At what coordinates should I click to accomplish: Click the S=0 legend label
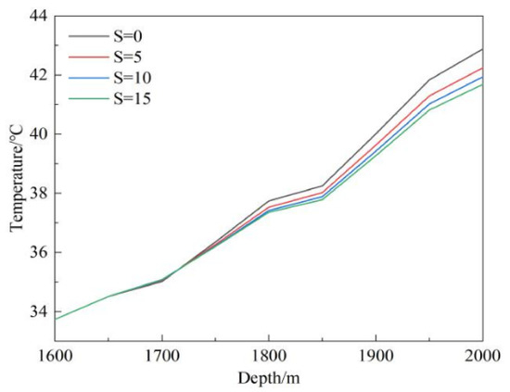click(128, 36)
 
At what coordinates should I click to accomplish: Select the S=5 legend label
click(128, 57)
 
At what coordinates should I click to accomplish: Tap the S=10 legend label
click(132, 78)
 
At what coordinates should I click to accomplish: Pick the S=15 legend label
click(132, 98)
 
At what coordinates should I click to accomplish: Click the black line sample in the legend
click(88, 36)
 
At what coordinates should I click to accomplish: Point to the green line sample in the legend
click(88, 98)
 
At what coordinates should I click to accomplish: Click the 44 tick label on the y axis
click(40, 16)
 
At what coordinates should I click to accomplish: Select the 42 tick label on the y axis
click(40, 75)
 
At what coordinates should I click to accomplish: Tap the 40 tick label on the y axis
click(40, 134)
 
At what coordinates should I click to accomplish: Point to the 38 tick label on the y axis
click(40, 193)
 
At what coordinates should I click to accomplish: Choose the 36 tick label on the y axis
click(40, 252)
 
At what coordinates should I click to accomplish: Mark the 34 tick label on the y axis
click(40, 311)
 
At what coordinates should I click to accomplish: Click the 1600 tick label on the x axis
click(56, 356)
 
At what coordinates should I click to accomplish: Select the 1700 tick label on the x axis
click(162, 356)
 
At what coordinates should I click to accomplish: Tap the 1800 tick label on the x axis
click(269, 356)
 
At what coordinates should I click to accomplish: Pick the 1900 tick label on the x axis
click(376, 356)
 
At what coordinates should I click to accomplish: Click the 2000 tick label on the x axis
click(482, 356)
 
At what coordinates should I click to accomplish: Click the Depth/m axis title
click(269, 378)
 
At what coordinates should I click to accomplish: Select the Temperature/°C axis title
click(17, 178)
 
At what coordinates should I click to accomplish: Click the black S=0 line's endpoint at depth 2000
click(483, 49)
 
